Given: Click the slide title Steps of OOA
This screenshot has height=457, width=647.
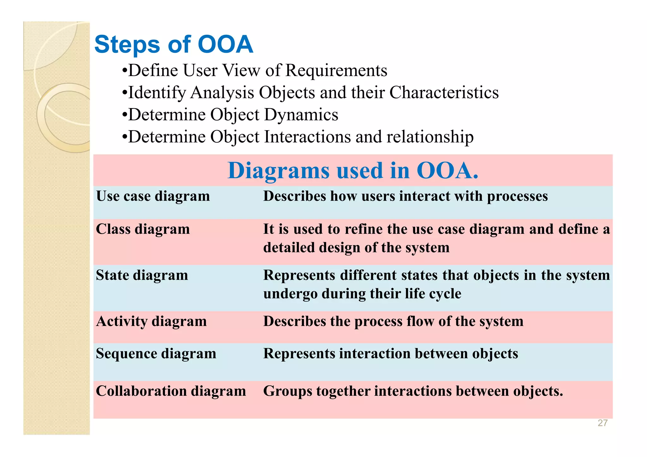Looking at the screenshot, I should pyautogui.click(x=173, y=45).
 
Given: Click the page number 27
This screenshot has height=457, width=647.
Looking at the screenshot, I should pyautogui.click(x=602, y=423).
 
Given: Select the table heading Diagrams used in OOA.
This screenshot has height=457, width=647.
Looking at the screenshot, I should pyautogui.click(x=353, y=171).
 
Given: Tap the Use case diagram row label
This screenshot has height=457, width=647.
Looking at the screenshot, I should pyautogui.click(x=153, y=196).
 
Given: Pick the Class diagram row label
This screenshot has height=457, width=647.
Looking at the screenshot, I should pyautogui.click(x=143, y=229).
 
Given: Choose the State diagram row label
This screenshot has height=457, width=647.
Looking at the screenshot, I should pyautogui.click(x=142, y=275).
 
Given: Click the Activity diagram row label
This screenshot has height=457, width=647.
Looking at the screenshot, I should pyautogui.click(x=151, y=321).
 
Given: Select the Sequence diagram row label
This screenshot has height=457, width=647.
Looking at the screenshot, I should pyautogui.click(x=156, y=353).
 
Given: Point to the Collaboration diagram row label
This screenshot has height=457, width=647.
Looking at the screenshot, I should pyautogui.click(x=171, y=391).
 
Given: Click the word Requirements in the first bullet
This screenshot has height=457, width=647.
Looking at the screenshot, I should pyautogui.click(x=336, y=70).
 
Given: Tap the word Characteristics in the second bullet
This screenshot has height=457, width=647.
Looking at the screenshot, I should pyautogui.click(x=444, y=93).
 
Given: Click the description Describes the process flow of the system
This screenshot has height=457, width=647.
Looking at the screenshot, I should pyautogui.click(x=393, y=321).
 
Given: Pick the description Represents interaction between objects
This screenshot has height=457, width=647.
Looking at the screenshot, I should pyautogui.click(x=390, y=353).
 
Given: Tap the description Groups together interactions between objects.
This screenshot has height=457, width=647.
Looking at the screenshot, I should pyautogui.click(x=413, y=391).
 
